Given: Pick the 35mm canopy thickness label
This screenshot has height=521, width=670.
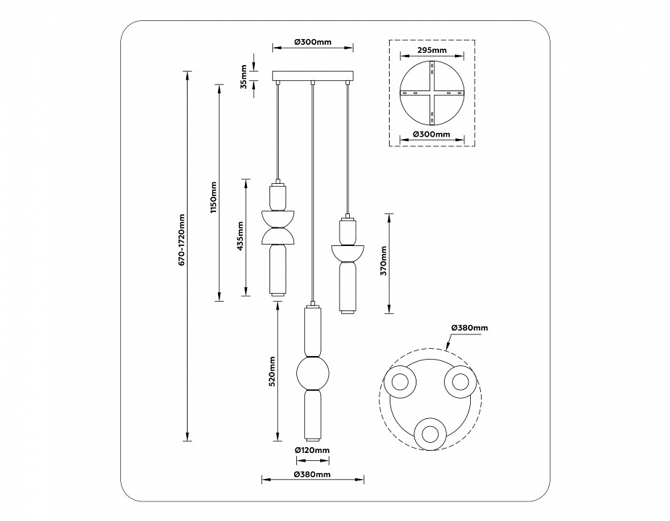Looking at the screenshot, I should pyautogui.click(x=244, y=76).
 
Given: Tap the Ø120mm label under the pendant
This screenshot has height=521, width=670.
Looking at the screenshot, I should pyautogui.click(x=312, y=450).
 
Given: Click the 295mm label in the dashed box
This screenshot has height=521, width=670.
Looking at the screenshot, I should pyautogui.click(x=432, y=51).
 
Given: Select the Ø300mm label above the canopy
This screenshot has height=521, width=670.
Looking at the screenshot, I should pyautogui.click(x=312, y=41).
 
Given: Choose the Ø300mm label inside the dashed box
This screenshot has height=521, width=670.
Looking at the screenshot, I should pyautogui.click(x=432, y=134).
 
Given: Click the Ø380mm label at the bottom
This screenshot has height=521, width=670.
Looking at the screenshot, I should pyautogui.click(x=312, y=475).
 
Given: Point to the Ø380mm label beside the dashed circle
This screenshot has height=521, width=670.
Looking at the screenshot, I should pyautogui.click(x=469, y=328).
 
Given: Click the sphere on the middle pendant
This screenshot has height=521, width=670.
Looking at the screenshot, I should pyautogui.click(x=312, y=374).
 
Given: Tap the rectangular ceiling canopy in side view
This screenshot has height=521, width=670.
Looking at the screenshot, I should pyautogui.click(x=312, y=76).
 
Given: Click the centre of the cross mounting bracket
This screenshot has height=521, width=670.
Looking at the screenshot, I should pyautogui.click(x=432, y=93).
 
